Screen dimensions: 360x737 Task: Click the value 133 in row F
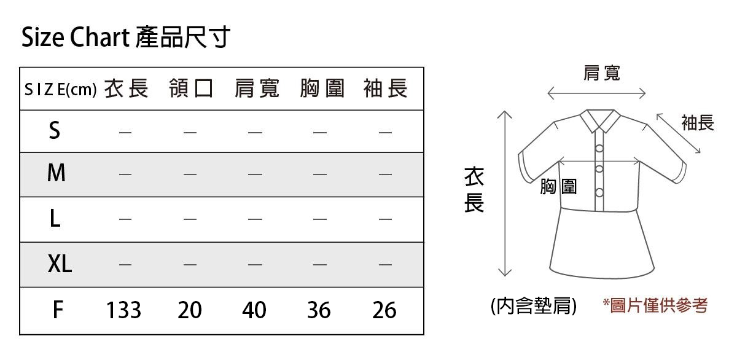point(123,310)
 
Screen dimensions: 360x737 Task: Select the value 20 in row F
point(190,310)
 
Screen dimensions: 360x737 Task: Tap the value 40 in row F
point(254,310)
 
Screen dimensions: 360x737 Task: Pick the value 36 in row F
point(319,310)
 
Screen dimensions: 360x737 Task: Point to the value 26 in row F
point(384,310)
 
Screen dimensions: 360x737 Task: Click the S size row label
point(55,130)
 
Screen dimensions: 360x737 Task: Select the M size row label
point(56,174)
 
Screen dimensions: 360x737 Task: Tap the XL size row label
point(60,264)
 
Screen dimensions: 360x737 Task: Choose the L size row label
point(55,219)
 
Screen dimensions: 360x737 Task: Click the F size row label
point(57,310)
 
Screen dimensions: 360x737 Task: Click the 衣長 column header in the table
point(126,89)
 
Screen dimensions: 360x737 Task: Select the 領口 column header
point(191,89)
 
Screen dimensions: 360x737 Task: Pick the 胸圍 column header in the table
point(322,89)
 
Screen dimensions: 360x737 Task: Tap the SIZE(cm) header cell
point(60,90)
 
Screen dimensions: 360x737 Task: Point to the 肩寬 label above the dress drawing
point(601,74)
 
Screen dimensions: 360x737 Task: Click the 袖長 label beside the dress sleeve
point(698,123)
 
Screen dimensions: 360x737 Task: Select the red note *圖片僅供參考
point(655,305)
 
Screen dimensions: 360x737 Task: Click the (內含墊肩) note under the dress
point(534,305)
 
